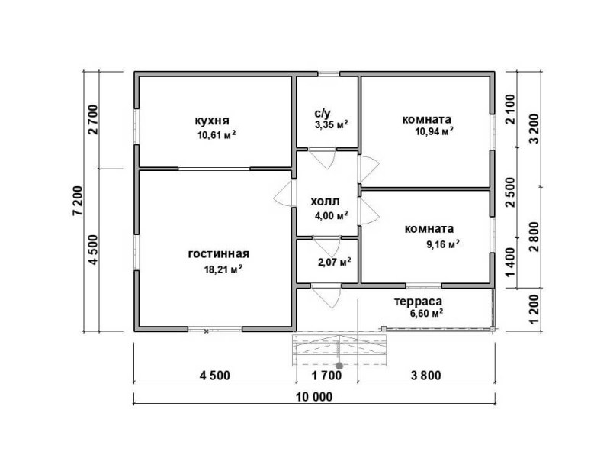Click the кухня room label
coord(212,121)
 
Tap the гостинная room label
coord(218,254)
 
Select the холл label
coord(326,202)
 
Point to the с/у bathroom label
coord(323,113)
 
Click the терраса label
coord(418,302)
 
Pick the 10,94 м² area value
coord(434,131)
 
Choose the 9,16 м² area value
coord(443,244)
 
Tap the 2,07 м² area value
coord(335,262)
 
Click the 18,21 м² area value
coord(223,269)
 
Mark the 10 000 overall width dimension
coord(314,397)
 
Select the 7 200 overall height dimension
coord(78,201)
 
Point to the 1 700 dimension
coord(327,376)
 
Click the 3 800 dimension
coord(426,376)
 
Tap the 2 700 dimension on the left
coord(94,120)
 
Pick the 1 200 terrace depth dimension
coord(535,309)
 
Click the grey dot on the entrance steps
coord(339,366)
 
